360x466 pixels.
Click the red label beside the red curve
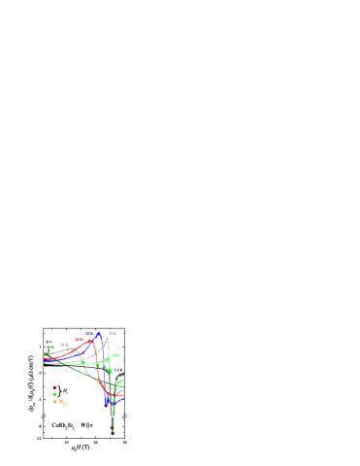(x=79, y=339)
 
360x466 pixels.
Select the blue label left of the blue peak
(x=89, y=334)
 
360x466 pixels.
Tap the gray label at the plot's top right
(x=113, y=333)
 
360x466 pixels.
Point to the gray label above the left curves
(x=64, y=345)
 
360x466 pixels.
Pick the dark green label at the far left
(x=50, y=347)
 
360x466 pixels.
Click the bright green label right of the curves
(x=115, y=355)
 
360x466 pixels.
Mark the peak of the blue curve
(x=98, y=335)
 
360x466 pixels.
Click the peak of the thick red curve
(x=91, y=340)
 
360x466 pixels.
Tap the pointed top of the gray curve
(x=108, y=338)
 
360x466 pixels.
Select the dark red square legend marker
(x=54, y=387)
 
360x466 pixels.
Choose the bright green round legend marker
(x=54, y=394)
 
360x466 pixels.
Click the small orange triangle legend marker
(x=55, y=400)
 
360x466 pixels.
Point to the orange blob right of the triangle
(x=62, y=402)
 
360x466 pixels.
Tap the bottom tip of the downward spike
(x=113, y=434)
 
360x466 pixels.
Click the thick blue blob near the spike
(x=108, y=397)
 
